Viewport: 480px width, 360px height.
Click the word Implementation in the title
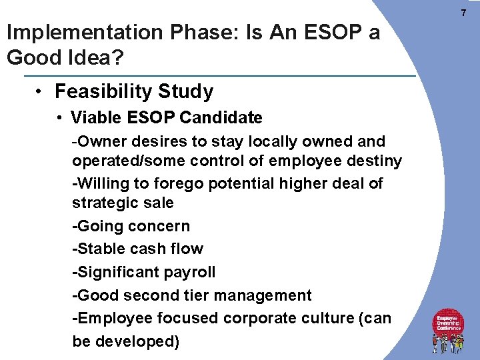(75, 33)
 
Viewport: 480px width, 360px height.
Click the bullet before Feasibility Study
(41, 91)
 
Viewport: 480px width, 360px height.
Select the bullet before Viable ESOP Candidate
(60, 119)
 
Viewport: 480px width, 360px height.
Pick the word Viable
(93, 119)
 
